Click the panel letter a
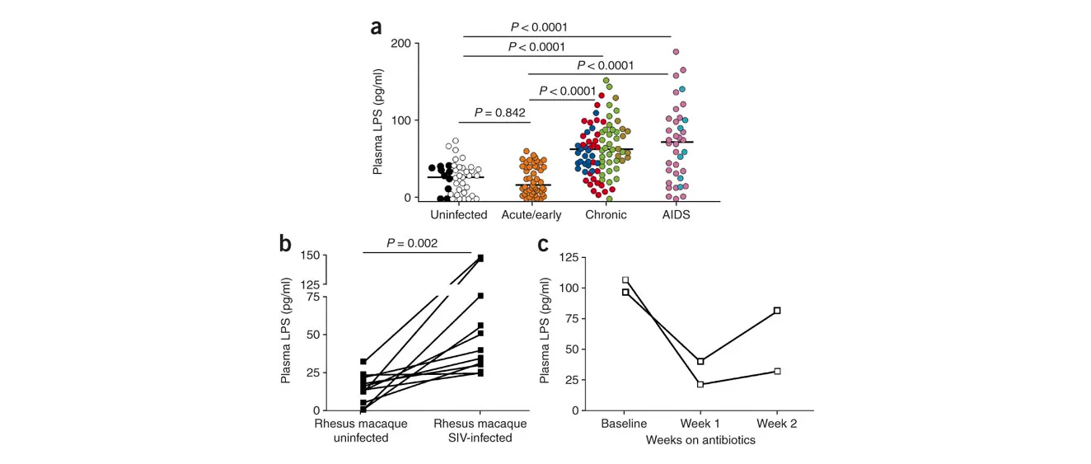pos(376,28)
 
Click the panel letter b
pos(285,242)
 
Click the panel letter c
pos(543,245)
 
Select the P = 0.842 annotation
pos(499,113)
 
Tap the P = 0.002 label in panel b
pos(412,243)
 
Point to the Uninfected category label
pos(458,215)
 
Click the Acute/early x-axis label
pos(531,215)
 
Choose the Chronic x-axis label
pos(606,215)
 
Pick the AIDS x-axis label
pos(676,215)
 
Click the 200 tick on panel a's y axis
pos(400,44)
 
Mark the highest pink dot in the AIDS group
pos(676,52)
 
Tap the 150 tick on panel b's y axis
pos(311,255)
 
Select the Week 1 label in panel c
pos(700,424)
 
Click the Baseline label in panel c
pos(624,424)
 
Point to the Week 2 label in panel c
pos(777,424)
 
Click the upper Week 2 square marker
pos(777,311)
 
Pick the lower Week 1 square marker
pos(700,384)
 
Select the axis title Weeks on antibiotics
pos(700,440)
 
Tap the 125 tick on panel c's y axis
pos(569,258)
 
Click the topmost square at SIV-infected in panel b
pos(480,258)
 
